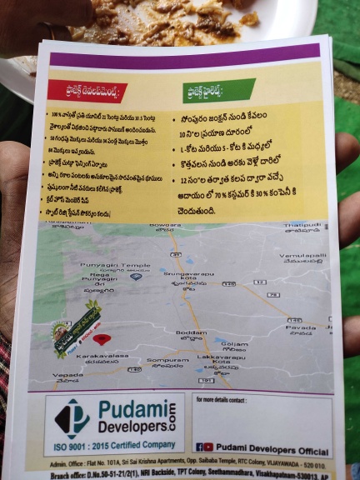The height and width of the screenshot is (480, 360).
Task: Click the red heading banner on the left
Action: pos(87,91)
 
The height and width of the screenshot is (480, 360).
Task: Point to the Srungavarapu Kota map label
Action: pos(182,275)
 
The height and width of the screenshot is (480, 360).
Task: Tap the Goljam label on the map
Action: pos(235,343)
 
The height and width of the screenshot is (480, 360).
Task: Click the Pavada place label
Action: pos(302,327)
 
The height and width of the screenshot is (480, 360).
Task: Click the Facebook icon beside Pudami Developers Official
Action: pos(200,447)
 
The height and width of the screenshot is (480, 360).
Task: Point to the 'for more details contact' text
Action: pos(222,401)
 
